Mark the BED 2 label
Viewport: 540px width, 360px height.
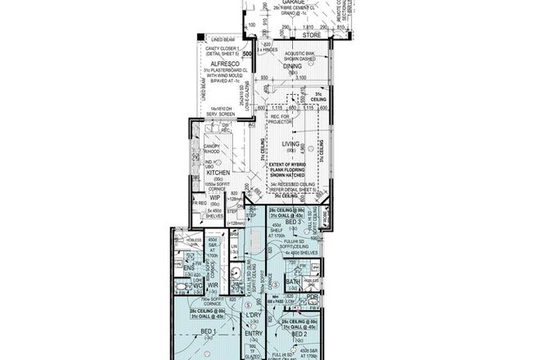pos(298,335)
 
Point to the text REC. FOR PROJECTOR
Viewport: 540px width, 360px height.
pos(281,119)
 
